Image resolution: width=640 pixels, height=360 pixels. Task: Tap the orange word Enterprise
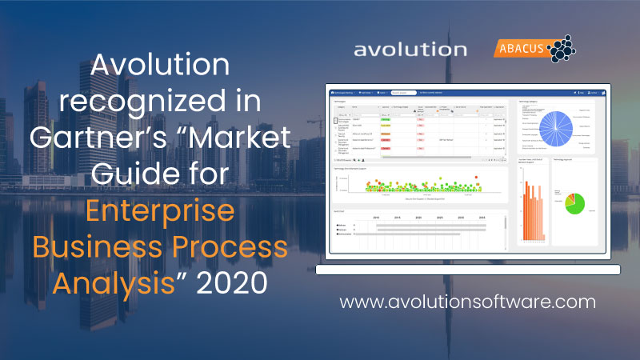[159, 212]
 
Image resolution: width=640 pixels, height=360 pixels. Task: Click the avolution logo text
[410, 50]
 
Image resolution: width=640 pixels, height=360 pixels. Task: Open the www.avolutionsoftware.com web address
[467, 302]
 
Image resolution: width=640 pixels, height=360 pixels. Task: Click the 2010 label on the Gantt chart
[376, 216]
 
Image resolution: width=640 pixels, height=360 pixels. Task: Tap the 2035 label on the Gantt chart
[482, 216]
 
